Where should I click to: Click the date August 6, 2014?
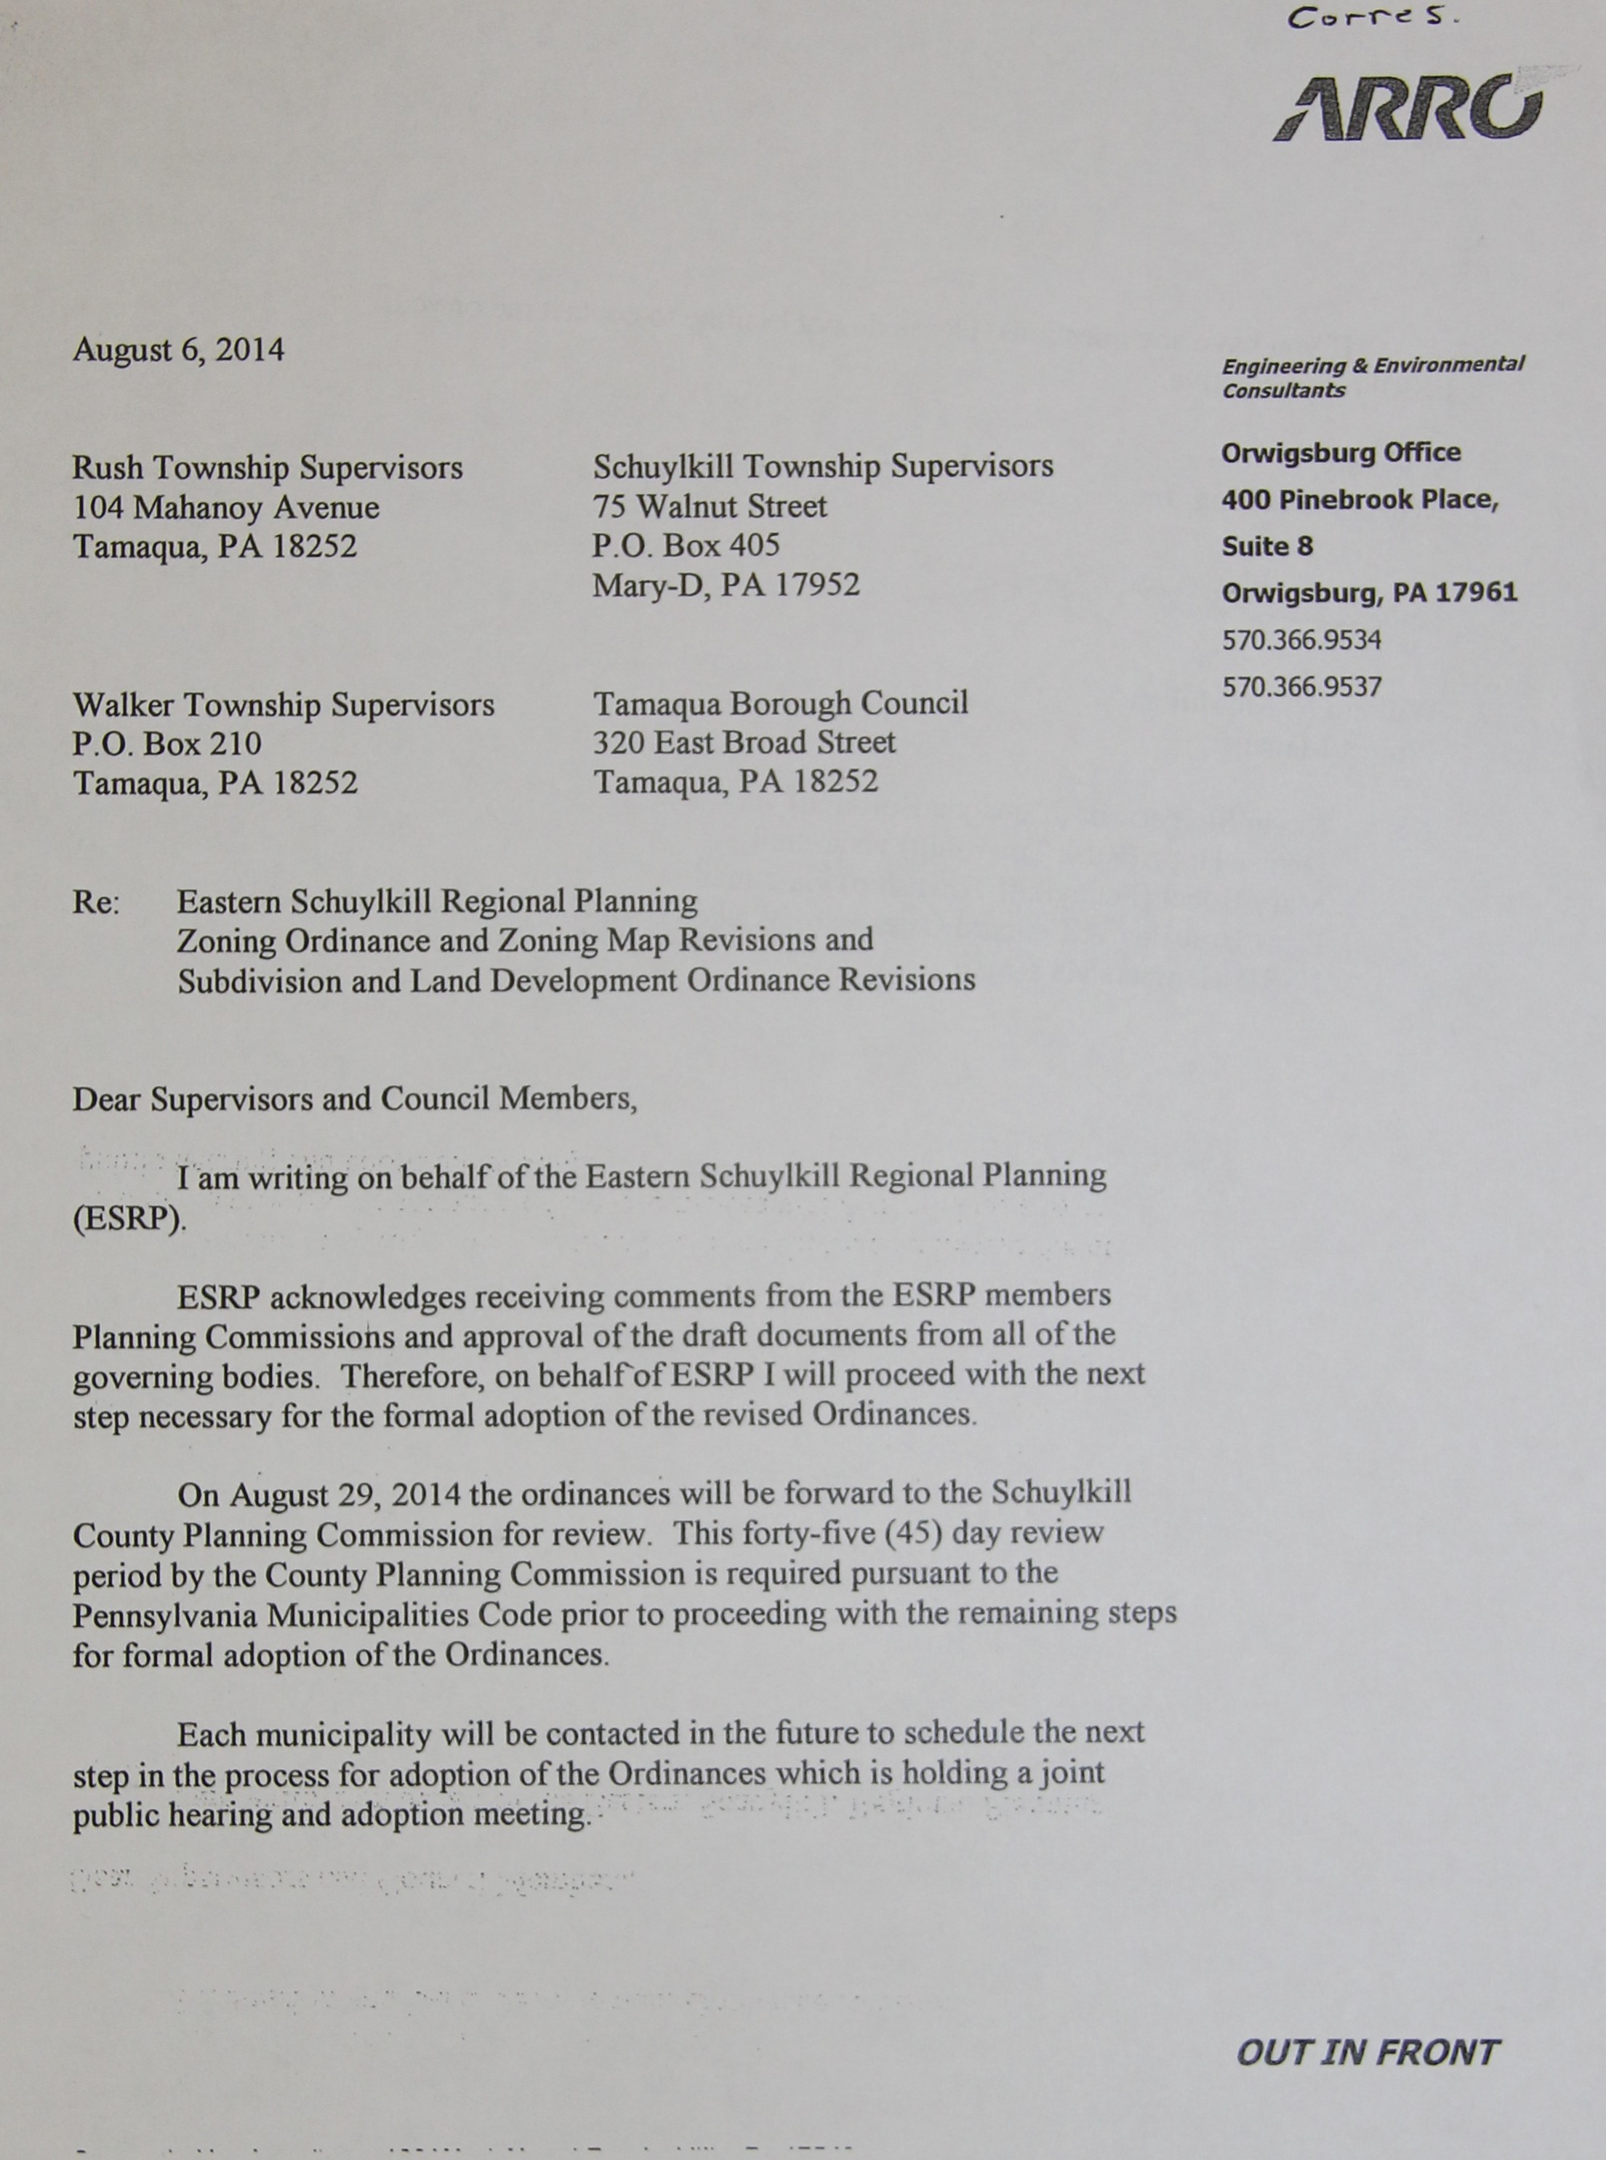coord(179,350)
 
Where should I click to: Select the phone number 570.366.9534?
coord(1301,640)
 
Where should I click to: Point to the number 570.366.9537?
coord(1301,686)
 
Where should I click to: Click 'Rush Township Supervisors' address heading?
coord(268,468)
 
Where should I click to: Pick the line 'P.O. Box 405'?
coord(686,545)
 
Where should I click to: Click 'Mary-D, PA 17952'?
coord(726,585)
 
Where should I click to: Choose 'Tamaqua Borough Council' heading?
coord(781,703)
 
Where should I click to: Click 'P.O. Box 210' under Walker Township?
coord(167,744)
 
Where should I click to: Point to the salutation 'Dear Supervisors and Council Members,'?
coord(355,1099)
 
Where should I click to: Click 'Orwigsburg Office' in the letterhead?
coord(1341,453)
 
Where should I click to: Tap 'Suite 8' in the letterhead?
coord(1266,546)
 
